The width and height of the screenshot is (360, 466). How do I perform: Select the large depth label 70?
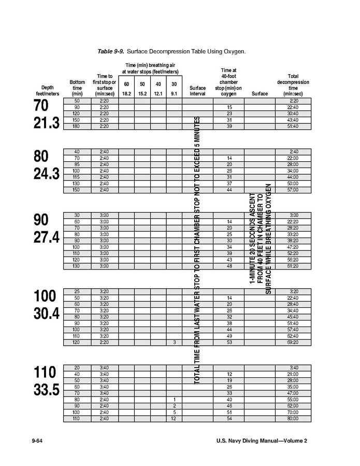(x=41, y=106)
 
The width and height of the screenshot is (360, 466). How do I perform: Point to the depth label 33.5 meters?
(x=47, y=390)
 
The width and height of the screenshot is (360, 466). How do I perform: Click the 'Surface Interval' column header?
(x=197, y=91)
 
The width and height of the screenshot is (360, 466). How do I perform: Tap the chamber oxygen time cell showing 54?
(x=228, y=418)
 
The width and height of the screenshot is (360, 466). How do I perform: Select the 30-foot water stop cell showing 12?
(x=174, y=418)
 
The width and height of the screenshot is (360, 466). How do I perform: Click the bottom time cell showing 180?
(x=77, y=126)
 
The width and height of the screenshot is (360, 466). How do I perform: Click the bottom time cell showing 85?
(x=77, y=164)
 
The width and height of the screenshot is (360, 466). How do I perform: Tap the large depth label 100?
(x=45, y=296)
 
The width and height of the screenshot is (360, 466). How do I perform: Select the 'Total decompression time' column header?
(x=293, y=85)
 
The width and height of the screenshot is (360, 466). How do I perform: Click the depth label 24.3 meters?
(x=47, y=174)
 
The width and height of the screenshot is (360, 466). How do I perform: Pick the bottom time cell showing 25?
(x=77, y=291)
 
